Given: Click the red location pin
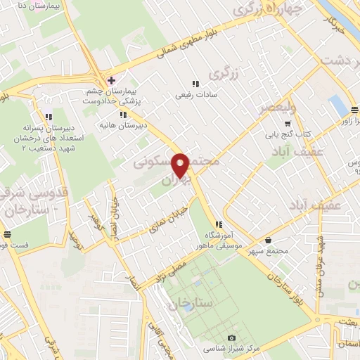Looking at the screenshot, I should click(181, 165).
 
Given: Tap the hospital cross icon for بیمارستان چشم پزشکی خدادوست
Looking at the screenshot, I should click(110, 79).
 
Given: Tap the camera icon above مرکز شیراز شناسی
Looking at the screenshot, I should click(232, 337).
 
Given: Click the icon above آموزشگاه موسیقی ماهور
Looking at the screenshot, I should click(208, 224).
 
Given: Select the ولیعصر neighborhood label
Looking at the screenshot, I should click(276, 108).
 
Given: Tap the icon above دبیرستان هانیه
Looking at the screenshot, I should click(123, 115).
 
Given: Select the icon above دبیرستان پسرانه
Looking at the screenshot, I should click(49, 117).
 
